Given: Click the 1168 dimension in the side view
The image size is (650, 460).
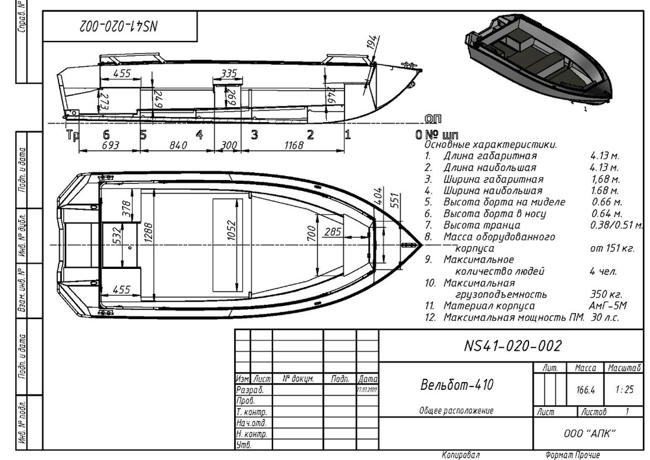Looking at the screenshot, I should coord(294,146).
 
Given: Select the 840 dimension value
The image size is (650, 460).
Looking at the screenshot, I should coord(177,146).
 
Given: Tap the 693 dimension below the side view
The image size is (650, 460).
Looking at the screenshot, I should coord(110,146).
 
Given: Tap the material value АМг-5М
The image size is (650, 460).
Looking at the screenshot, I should coord(604,306).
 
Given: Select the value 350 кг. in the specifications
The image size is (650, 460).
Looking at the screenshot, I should coord(603,294).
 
